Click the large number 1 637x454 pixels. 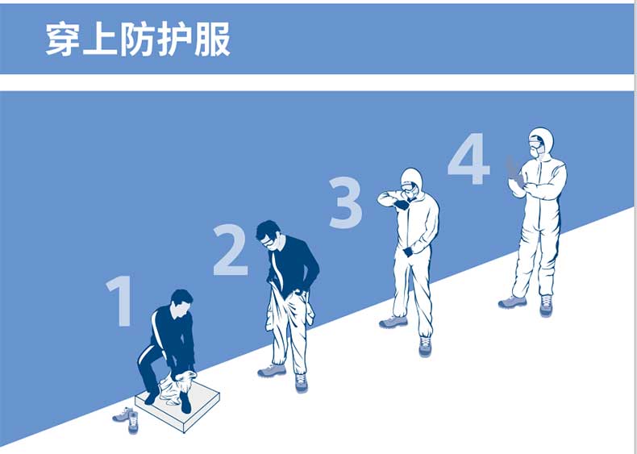pos(120,300)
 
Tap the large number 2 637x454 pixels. pos(231,249)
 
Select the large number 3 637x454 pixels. pos(345,202)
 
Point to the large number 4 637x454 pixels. pos(468,159)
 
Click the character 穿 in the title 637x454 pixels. pos(62,39)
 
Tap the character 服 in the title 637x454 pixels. pos(213,39)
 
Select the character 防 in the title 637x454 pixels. pos(138,39)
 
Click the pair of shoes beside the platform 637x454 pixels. pos(127,419)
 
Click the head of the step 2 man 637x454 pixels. pos(269,235)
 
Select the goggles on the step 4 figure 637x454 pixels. pos(536,141)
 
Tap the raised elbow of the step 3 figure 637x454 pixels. pos(382,198)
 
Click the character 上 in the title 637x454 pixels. pos(100,39)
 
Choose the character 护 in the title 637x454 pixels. pos(175,39)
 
